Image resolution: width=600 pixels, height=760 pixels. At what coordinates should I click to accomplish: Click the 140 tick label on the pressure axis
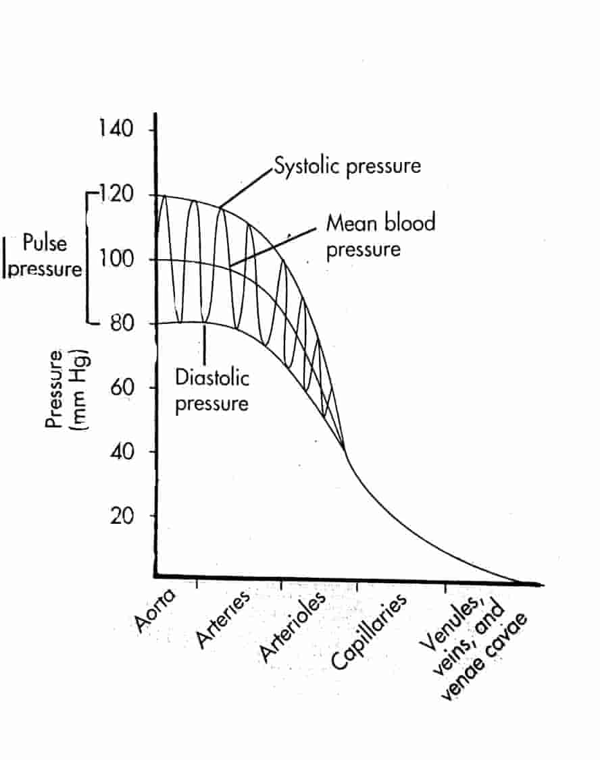click(117, 129)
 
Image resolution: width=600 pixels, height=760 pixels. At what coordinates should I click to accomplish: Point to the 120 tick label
click(118, 195)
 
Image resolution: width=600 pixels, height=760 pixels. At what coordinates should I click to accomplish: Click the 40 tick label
click(122, 452)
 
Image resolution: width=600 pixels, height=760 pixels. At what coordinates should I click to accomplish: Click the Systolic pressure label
click(347, 165)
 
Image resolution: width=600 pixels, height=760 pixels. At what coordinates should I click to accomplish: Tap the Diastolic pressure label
click(212, 390)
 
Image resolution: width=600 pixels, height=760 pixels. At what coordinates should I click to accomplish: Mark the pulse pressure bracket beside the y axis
click(89, 259)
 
